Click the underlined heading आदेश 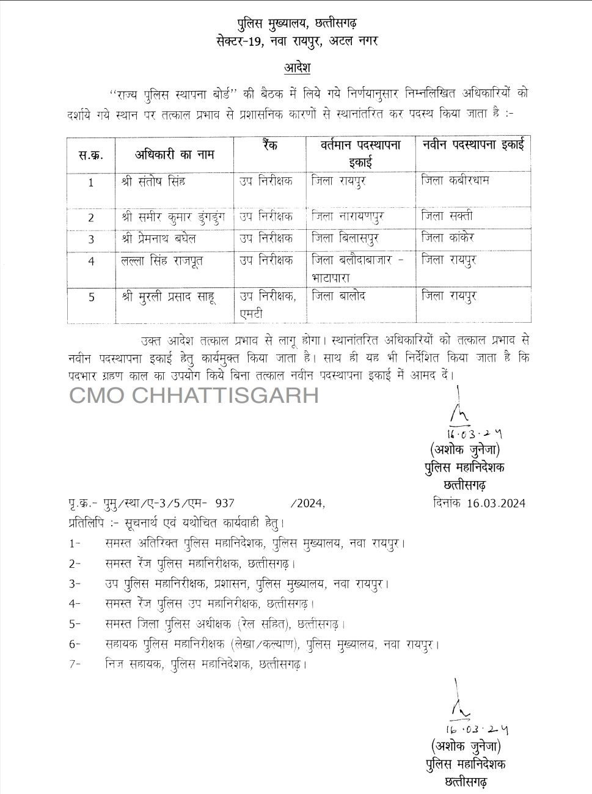(297, 67)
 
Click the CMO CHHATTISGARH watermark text (194, 395)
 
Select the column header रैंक (269, 146)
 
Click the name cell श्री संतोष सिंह (153, 182)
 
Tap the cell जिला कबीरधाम (455, 180)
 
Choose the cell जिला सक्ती (447, 216)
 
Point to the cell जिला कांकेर (448, 237)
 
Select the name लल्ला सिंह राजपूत (162, 260)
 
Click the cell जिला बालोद (338, 296)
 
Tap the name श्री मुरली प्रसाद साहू (168, 296)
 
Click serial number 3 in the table (91, 240)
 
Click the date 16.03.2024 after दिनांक (496, 504)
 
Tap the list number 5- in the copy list (75, 624)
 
